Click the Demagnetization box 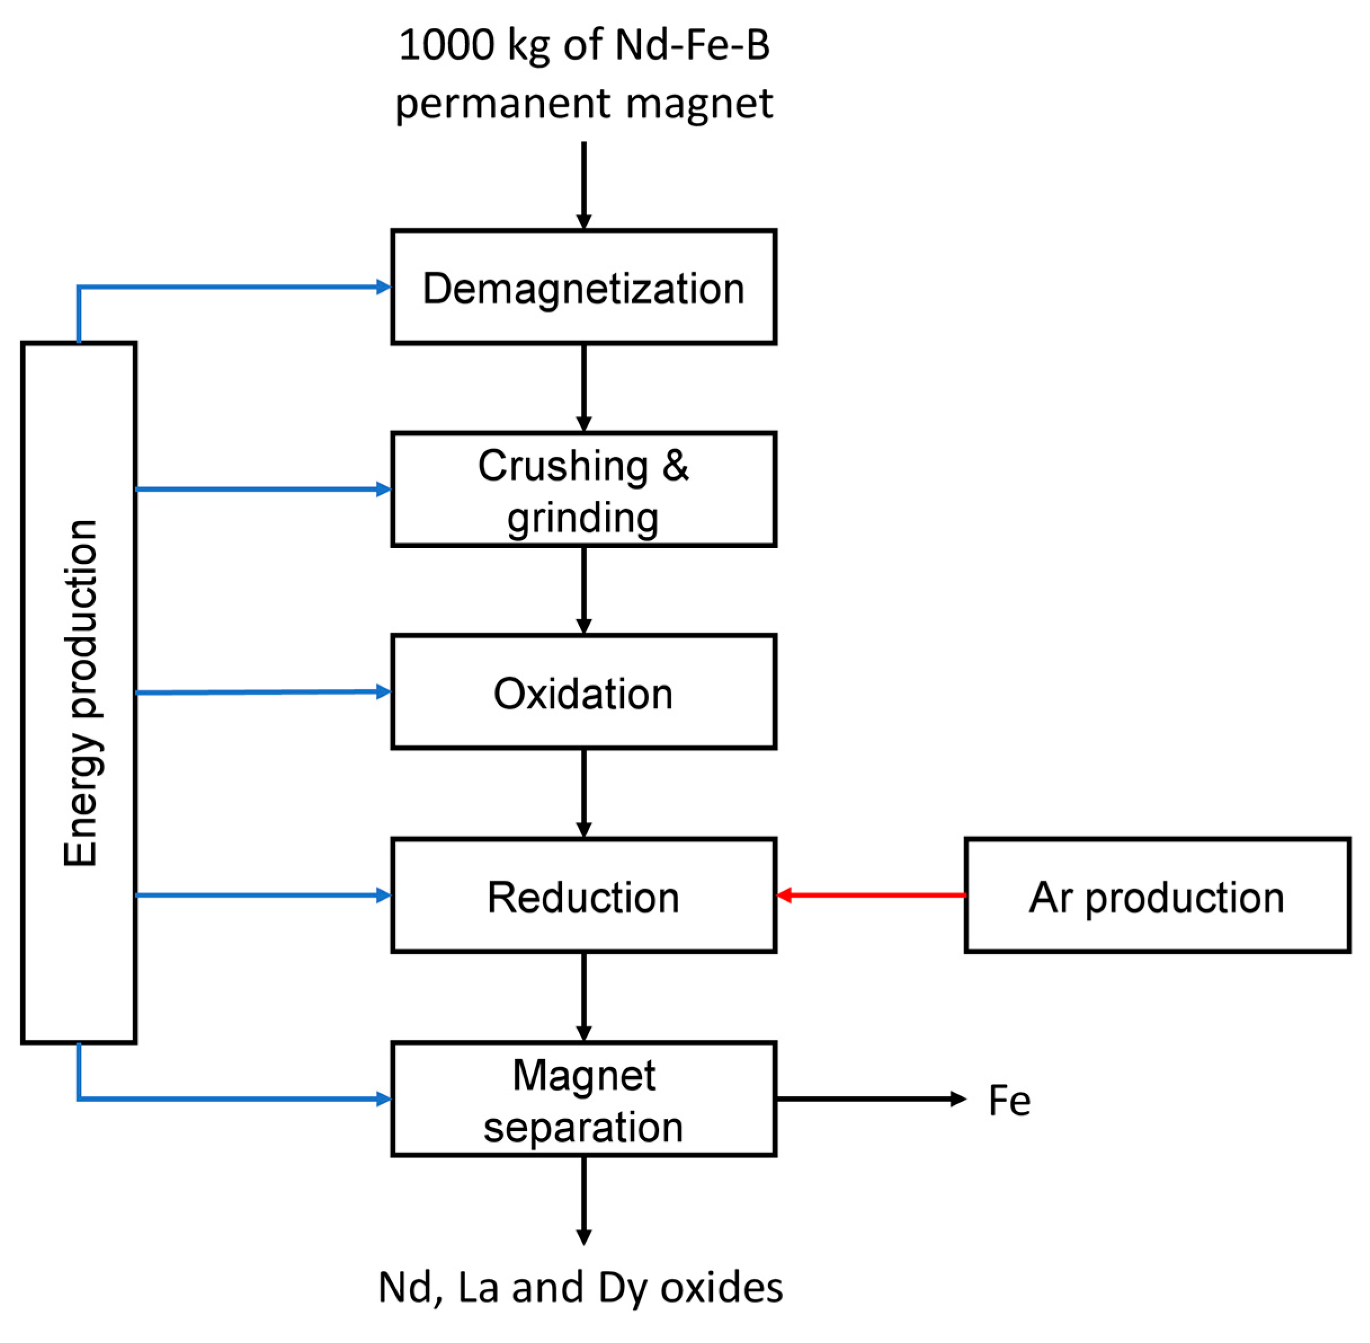tap(583, 287)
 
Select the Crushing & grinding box tap(583, 490)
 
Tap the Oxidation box tap(583, 692)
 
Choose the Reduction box tap(583, 896)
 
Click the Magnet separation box tap(583, 1099)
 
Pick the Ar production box tap(1157, 896)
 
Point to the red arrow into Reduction tap(870, 895)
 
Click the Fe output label tap(1009, 1100)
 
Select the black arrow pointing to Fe tap(870, 1099)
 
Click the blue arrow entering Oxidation tap(262, 692)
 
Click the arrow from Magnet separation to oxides tap(584, 1199)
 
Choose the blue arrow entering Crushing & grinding tap(262, 489)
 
